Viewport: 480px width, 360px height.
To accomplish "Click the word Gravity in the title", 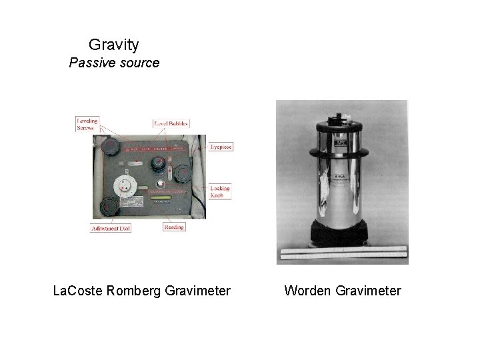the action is (x=114, y=45).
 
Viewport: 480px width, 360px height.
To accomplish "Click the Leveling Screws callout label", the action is (x=87, y=125).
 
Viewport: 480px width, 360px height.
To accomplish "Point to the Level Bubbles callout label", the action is (x=172, y=123).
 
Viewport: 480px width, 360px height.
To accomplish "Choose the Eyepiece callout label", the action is (x=220, y=147).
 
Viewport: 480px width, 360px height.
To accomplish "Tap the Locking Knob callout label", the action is (x=220, y=191).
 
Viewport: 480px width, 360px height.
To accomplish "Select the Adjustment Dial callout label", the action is (x=111, y=228).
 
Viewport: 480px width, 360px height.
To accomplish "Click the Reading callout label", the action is (x=174, y=227).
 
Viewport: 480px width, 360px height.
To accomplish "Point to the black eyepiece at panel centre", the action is (x=159, y=163).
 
